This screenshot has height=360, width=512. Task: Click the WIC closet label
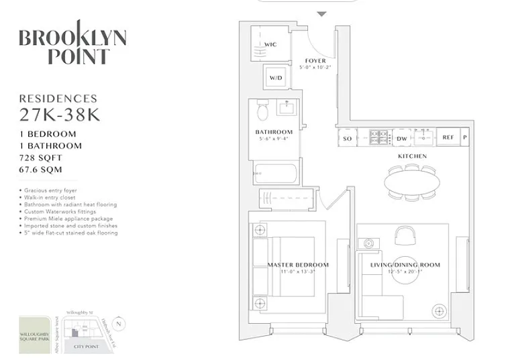(270, 45)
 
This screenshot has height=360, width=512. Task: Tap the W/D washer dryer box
(276, 78)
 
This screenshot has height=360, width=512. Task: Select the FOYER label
(315, 61)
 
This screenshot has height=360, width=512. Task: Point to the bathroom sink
(288, 107)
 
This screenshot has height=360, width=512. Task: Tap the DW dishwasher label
(402, 138)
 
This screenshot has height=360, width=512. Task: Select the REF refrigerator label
(448, 138)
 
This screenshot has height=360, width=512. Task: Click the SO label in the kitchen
(347, 138)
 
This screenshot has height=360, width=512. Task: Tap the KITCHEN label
(412, 156)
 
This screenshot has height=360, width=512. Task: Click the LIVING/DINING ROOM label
(405, 265)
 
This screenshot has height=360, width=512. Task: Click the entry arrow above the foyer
(321, 13)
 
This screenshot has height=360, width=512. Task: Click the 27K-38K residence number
(60, 114)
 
